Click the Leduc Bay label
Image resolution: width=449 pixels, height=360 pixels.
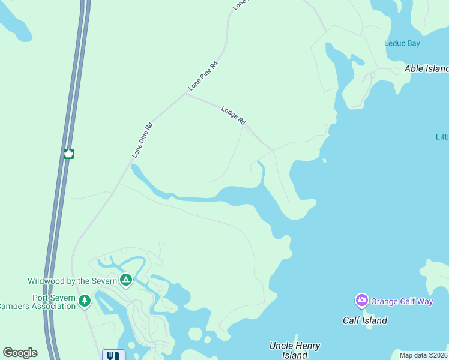pos(402,43)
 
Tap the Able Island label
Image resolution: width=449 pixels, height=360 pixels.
pos(427,68)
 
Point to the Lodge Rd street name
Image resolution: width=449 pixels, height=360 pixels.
pos(234,115)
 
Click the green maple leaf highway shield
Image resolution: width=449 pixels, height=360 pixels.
pos(68,154)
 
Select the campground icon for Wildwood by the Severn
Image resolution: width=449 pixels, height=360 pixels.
pos(126,280)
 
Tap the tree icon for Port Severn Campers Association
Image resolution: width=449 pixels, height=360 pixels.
pos(85,301)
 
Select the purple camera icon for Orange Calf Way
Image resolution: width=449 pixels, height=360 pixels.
pos(361,300)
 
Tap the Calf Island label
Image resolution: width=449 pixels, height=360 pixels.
pos(365,320)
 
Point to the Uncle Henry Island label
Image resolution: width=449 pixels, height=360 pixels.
pos(295,350)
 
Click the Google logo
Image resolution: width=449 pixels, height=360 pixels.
pos(20,353)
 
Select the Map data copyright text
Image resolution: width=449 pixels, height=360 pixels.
pos(424,355)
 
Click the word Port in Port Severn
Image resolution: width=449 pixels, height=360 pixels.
pos(41,298)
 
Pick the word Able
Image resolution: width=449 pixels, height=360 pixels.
pos(414,68)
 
